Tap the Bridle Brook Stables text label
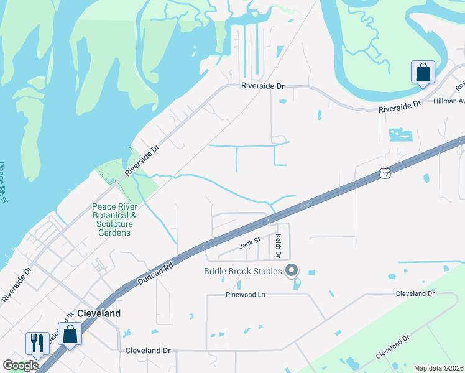pyautogui.click(x=242, y=271)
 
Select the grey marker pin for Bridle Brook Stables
pyautogui.click(x=291, y=270)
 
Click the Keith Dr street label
pyautogui.click(x=279, y=246)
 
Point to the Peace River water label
pyautogui.click(x=3, y=183)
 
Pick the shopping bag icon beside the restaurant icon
pyautogui.click(x=70, y=333)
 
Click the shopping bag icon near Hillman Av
pyautogui.click(x=423, y=71)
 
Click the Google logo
pyautogui.click(x=21, y=366)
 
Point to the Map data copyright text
pyautogui.click(x=438, y=368)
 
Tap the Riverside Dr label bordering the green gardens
pyautogui.click(x=142, y=160)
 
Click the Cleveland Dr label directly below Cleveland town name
pyautogui.click(x=147, y=351)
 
